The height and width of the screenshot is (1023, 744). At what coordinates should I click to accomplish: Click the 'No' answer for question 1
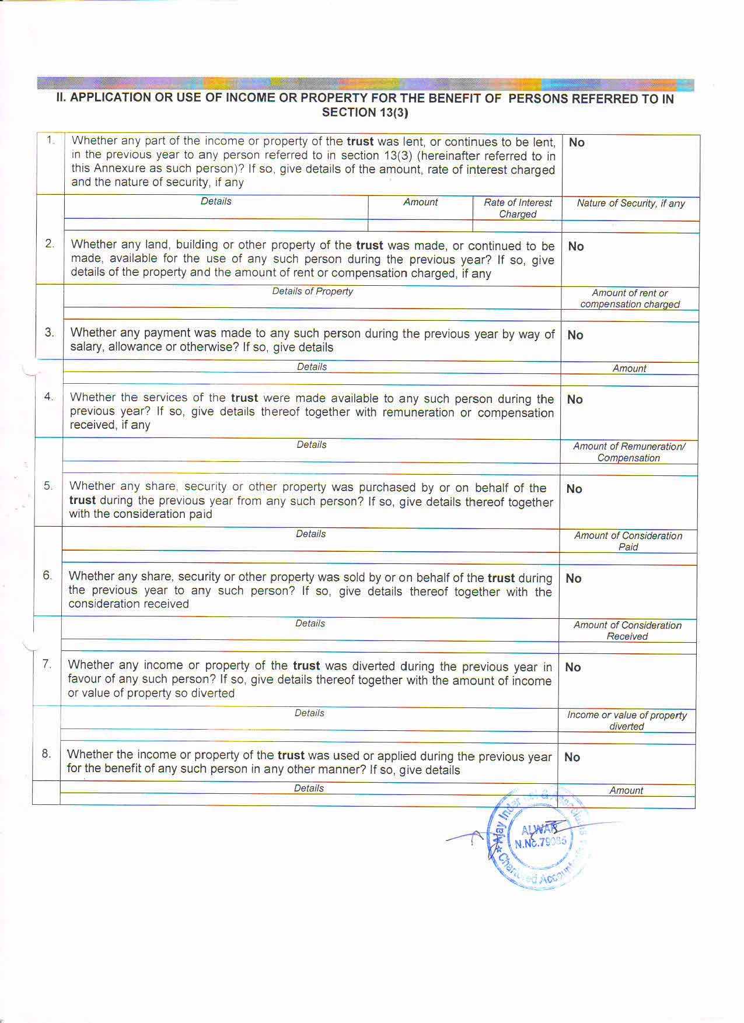[577, 142]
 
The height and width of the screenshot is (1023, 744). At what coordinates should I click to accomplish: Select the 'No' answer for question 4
[575, 400]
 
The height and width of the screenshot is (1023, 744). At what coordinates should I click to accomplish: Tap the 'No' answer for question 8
[572, 757]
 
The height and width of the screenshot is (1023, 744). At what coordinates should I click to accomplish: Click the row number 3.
[50, 332]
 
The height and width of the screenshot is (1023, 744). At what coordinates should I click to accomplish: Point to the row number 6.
[47, 576]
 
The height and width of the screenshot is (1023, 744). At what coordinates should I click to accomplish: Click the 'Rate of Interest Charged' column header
[518, 208]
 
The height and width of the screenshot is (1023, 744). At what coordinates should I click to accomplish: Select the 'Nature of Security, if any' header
[631, 204]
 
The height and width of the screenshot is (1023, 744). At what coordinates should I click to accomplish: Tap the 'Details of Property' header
[312, 292]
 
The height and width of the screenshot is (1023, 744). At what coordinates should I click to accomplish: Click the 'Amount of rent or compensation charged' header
[630, 299]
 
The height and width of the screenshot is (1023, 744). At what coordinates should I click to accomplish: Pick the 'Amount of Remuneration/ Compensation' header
[628, 452]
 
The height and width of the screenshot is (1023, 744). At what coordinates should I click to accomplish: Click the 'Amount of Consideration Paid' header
[628, 541]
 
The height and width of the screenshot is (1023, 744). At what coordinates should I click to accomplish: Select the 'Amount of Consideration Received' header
[627, 630]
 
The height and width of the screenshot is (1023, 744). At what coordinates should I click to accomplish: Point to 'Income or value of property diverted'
[627, 720]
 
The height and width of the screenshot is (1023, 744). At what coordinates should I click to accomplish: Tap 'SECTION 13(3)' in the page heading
[365, 113]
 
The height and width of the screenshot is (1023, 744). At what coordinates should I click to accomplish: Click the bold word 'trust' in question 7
[306, 665]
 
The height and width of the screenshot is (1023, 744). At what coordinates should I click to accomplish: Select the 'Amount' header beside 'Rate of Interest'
[420, 202]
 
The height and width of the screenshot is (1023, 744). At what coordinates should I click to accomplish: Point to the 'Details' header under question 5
[310, 534]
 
